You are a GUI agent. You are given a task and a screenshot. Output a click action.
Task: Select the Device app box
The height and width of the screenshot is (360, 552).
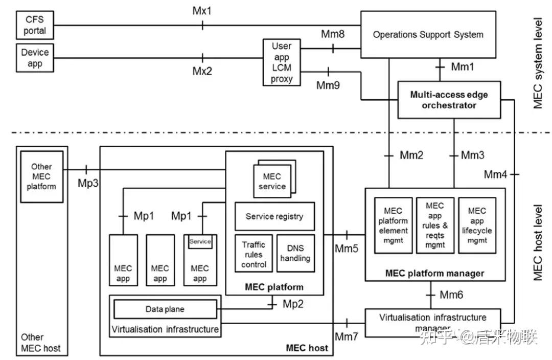click(x=35, y=58)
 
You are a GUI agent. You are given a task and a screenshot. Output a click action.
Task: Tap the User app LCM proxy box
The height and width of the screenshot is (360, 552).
click(x=282, y=63)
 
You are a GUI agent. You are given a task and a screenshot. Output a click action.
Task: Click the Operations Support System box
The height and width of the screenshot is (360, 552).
click(x=428, y=35)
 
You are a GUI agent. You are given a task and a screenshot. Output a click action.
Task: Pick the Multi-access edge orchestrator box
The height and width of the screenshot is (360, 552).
click(x=449, y=100)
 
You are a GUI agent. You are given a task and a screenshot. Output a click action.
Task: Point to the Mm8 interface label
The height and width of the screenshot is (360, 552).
click(x=333, y=35)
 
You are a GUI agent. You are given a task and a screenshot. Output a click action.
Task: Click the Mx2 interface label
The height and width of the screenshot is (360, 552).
click(x=202, y=71)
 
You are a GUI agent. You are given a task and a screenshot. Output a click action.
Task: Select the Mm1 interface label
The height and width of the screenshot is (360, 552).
click(x=463, y=66)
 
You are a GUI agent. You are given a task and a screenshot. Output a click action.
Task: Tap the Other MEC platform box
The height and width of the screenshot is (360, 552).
click(x=41, y=176)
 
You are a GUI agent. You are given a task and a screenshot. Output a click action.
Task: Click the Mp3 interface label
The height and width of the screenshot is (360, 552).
click(x=88, y=183)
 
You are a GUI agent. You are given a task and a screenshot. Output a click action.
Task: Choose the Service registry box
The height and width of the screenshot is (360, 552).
click(x=274, y=216)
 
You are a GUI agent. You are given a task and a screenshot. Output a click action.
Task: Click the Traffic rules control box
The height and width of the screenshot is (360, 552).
click(x=254, y=254)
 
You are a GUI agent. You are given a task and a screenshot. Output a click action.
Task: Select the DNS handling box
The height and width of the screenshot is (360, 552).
click(x=295, y=253)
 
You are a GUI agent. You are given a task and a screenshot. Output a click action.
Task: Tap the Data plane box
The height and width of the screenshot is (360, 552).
click(x=165, y=309)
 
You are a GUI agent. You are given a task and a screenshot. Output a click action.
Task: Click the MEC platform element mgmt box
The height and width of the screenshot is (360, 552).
click(x=393, y=225)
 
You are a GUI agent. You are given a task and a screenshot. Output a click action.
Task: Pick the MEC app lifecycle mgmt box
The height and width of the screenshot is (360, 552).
click(x=477, y=225)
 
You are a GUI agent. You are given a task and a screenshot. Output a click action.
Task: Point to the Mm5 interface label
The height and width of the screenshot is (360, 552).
click(x=347, y=249)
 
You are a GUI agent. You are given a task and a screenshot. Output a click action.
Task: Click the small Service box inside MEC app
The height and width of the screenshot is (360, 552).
click(x=200, y=241)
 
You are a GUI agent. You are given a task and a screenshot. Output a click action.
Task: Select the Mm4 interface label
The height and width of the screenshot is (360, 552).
click(x=496, y=175)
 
